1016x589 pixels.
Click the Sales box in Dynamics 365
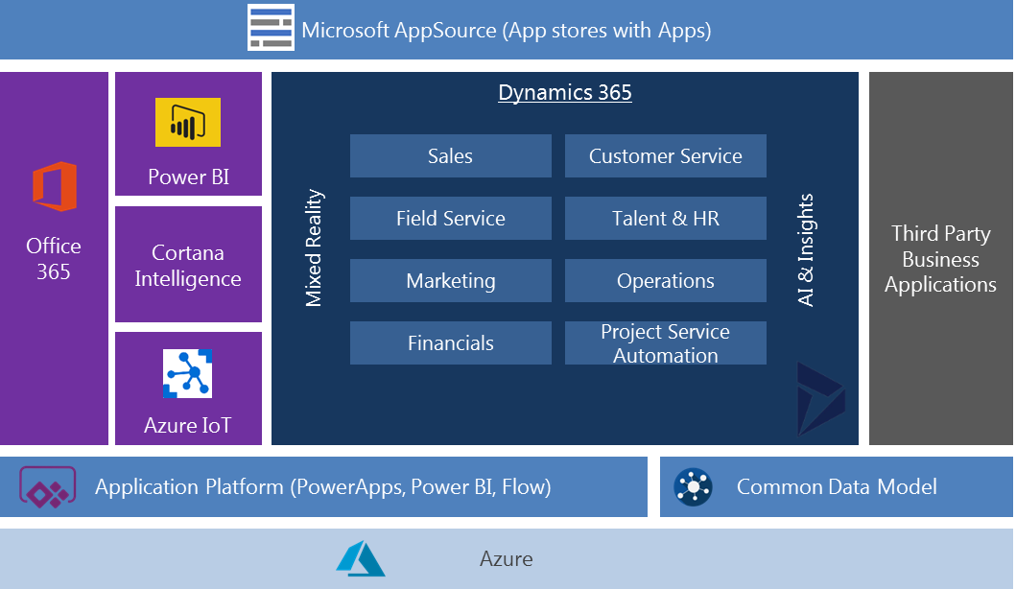pyautogui.click(x=450, y=156)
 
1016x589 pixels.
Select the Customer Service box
pyautogui.click(x=665, y=156)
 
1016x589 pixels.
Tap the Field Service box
pyautogui.click(x=450, y=219)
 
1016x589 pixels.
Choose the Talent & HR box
pyautogui.click(x=665, y=219)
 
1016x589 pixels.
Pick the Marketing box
pyautogui.click(x=450, y=281)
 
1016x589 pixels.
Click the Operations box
pyautogui.click(x=665, y=281)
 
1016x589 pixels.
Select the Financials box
pyautogui.click(x=450, y=343)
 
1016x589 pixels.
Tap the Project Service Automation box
pyautogui.click(x=665, y=343)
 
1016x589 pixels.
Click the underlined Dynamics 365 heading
pyautogui.click(x=564, y=93)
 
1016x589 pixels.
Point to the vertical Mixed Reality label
pyautogui.click(x=314, y=248)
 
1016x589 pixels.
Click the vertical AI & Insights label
pyautogui.click(x=806, y=250)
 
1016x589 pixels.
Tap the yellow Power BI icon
pyautogui.click(x=188, y=123)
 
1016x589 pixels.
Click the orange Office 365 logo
pyautogui.click(x=54, y=186)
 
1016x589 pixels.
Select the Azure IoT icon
pyautogui.click(x=188, y=373)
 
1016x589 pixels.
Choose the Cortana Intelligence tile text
pyautogui.click(x=188, y=266)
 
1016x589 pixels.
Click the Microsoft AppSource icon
pyautogui.click(x=272, y=28)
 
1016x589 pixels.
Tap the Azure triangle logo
pyautogui.click(x=360, y=558)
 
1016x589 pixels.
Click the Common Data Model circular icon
pyautogui.click(x=693, y=486)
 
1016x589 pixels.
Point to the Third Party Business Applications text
pyautogui.click(x=940, y=259)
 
